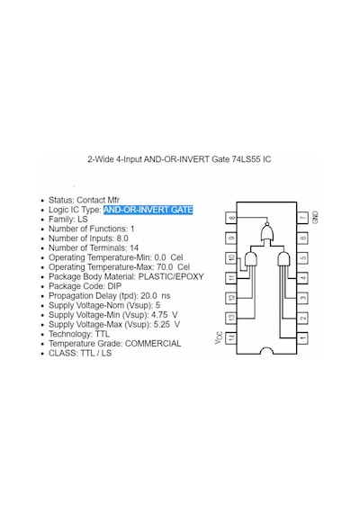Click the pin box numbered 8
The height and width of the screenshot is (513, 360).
pyautogui.click(x=231, y=218)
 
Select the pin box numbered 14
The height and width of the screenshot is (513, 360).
pyautogui.click(x=231, y=338)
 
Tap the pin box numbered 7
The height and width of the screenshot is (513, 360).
pyautogui.click(x=302, y=218)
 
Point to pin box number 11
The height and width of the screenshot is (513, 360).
pyautogui.click(x=231, y=278)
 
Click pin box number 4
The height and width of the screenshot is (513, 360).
pyautogui.click(x=302, y=278)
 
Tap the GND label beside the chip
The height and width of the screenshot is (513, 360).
pyautogui.click(x=316, y=218)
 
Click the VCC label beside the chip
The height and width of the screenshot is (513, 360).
pyautogui.click(x=219, y=337)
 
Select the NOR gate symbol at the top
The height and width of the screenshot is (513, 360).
pyautogui.click(x=267, y=232)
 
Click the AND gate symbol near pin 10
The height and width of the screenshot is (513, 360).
pyautogui.click(x=251, y=259)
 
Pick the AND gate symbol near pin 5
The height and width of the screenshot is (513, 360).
pyautogui.click(x=283, y=259)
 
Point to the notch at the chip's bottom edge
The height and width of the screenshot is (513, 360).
pyautogui.click(x=266, y=351)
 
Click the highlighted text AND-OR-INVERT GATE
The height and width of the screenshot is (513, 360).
pyautogui.click(x=148, y=210)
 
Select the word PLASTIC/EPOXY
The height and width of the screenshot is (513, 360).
pyautogui.click(x=171, y=277)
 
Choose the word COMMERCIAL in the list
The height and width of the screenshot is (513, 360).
pyautogui.click(x=153, y=344)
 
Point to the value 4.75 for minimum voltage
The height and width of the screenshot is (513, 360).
pyautogui.click(x=159, y=315)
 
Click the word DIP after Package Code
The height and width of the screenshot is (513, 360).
pyautogui.click(x=114, y=286)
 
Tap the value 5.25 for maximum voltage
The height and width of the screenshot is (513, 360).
pyautogui.click(x=162, y=325)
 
